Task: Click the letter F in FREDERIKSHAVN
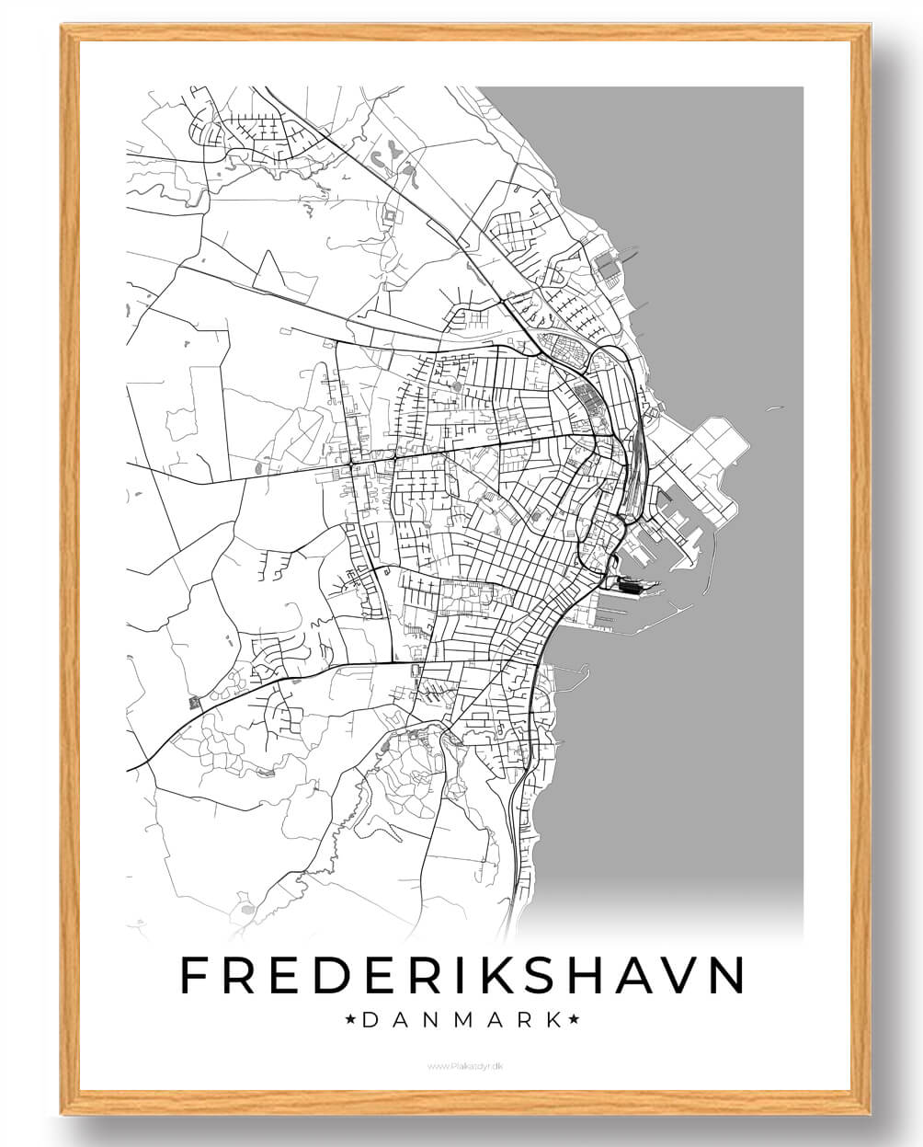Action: click(195, 975)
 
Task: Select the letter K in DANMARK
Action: click(553, 1020)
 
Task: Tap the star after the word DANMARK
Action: click(573, 1020)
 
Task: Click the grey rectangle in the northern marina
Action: click(608, 264)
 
